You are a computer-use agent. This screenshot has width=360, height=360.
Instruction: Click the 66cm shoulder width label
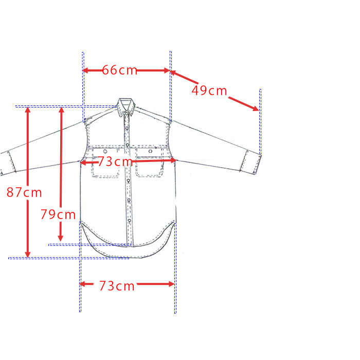120,70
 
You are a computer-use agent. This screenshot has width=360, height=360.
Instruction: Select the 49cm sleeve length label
209,91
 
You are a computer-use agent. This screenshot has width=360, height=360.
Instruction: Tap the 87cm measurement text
24,192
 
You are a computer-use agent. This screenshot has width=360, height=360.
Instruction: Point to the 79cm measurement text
58,214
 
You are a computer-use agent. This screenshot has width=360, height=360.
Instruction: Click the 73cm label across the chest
115,161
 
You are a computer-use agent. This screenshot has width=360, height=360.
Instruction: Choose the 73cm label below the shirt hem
117,286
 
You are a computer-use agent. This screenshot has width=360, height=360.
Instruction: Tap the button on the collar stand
127,114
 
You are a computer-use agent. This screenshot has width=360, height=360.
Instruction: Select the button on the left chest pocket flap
105,151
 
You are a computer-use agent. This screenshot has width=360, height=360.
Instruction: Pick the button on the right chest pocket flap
150,151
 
